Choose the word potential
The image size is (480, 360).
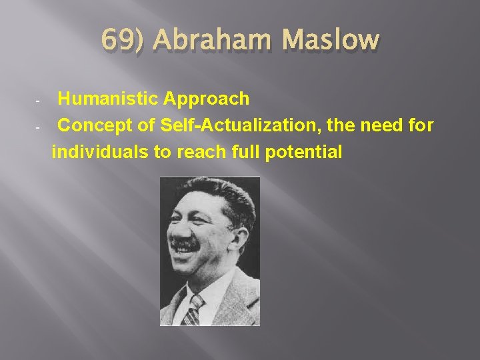coord(303,151)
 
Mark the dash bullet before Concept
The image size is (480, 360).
coord(39,127)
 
